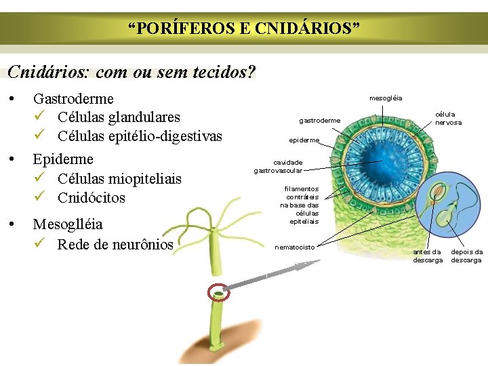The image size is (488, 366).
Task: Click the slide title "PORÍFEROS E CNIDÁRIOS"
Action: [x=244, y=28]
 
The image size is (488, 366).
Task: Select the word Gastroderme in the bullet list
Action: [x=73, y=99]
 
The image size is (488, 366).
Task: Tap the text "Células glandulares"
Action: [x=119, y=118]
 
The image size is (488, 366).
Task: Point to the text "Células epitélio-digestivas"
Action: [x=140, y=136]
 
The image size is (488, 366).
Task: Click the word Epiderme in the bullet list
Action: [x=63, y=159]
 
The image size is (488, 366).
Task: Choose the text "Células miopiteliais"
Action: [x=119, y=179]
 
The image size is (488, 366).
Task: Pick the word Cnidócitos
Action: [x=91, y=198]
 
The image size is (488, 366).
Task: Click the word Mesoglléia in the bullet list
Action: [x=68, y=224]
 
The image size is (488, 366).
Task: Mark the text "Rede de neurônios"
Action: [x=115, y=244]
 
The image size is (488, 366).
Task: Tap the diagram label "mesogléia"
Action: [x=386, y=98]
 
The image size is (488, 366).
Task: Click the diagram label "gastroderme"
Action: [x=320, y=121]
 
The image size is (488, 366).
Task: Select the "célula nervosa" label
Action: [x=449, y=119]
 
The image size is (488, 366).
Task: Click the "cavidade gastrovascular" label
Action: [x=278, y=167]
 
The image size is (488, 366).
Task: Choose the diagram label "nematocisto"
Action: [x=294, y=247]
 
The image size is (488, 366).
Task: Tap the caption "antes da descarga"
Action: [x=428, y=256]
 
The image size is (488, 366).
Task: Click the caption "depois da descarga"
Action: [x=467, y=256]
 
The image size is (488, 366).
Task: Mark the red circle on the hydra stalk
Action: [x=219, y=293]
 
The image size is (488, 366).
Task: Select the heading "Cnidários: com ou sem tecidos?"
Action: [x=131, y=72]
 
